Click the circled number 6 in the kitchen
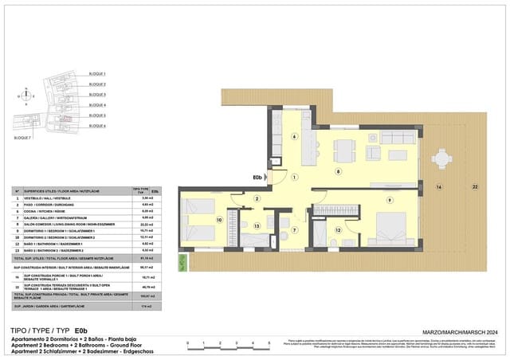point(294,137)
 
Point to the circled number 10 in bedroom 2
point(219,219)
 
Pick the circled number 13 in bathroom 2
point(257,226)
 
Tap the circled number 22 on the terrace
point(474,186)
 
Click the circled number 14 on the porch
point(437,186)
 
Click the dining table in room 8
point(343,149)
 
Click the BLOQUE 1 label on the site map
point(97,73)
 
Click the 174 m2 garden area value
point(146,306)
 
